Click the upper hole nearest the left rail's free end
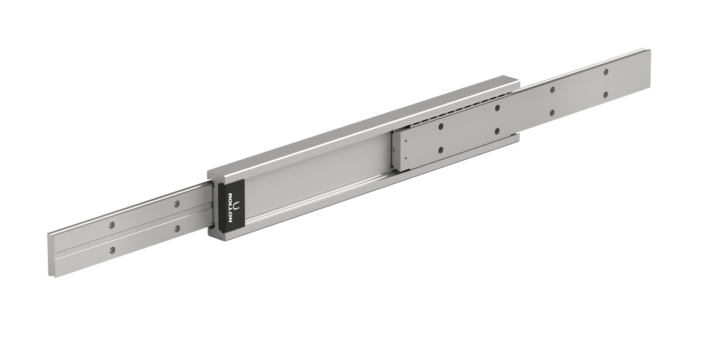click(x=112, y=225)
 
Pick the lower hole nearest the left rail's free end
click(x=112, y=249)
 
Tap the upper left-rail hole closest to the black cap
click(x=177, y=204)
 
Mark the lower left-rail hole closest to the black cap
click(x=177, y=228)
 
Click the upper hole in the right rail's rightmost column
click(x=606, y=72)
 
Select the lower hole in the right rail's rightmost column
click(x=606, y=95)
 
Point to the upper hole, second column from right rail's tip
click(x=552, y=89)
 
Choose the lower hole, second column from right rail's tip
click(x=552, y=112)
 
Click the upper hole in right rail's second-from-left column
click(x=497, y=107)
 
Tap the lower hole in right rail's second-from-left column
click(x=497, y=131)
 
